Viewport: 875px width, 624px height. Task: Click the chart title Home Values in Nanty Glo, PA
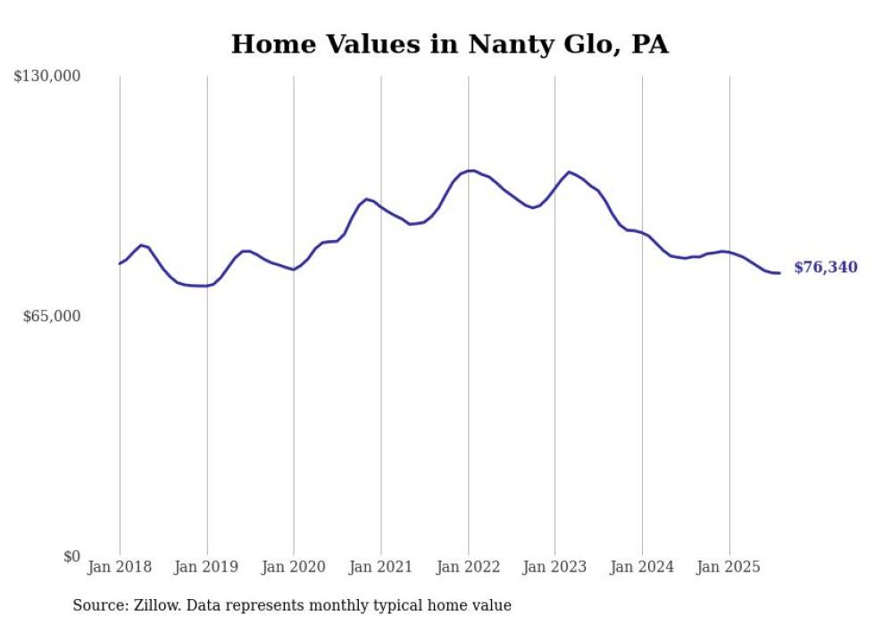[x=449, y=44]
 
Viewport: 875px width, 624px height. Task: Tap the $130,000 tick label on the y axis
[x=47, y=77]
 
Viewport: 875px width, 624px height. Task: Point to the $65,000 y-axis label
[x=52, y=316]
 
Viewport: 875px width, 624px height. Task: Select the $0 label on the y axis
[x=71, y=556]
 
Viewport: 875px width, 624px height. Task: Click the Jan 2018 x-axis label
[x=120, y=567]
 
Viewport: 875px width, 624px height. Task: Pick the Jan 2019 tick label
[x=206, y=567]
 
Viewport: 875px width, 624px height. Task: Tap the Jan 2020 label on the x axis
[x=294, y=567]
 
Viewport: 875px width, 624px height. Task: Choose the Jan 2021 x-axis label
[x=381, y=567]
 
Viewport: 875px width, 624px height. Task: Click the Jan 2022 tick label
[x=468, y=567]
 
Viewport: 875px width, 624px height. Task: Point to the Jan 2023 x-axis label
[x=555, y=567]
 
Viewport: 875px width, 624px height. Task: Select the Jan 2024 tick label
[x=642, y=567]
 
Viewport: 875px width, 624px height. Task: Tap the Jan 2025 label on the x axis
[x=729, y=567]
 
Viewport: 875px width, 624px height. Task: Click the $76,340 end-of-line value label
[x=825, y=268]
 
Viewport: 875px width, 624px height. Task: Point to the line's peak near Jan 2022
[x=471, y=171]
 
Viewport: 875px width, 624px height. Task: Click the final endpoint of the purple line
[x=779, y=273]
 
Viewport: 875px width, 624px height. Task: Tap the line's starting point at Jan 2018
[x=120, y=263]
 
